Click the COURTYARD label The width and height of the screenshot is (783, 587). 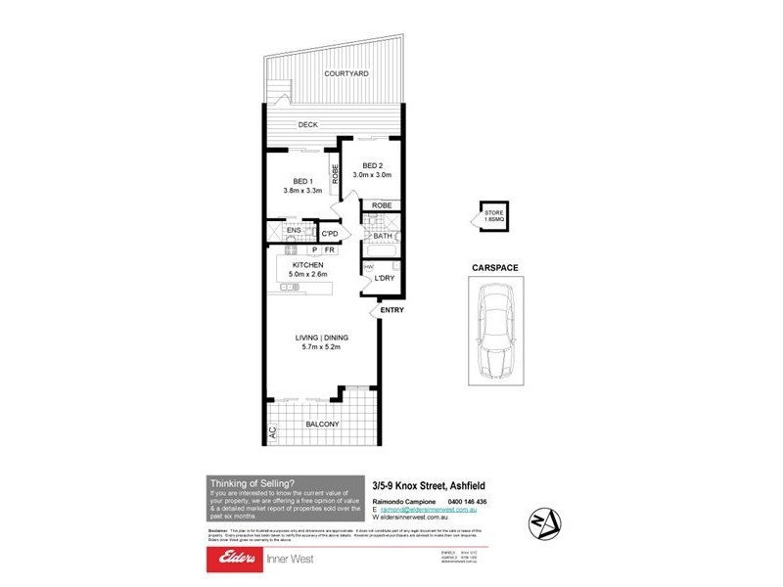tap(346, 73)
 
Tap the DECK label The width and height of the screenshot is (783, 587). tap(308, 125)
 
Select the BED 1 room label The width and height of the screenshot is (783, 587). tap(302, 181)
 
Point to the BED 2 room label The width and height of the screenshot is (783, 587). tap(371, 165)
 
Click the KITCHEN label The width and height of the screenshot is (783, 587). tap(306, 264)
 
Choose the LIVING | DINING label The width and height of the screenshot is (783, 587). tap(322, 338)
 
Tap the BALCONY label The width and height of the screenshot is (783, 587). tap(322, 424)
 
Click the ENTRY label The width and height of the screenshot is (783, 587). tap(392, 310)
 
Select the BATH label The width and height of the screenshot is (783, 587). tap(382, 236)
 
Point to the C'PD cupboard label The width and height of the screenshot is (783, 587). tap(330, 234)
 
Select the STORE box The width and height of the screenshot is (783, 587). tap(492, 215)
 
